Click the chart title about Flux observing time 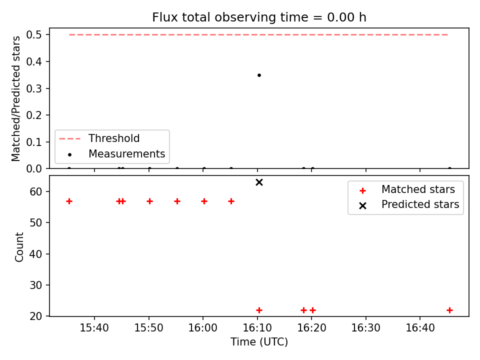(259, 17)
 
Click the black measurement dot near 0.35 (259, 75)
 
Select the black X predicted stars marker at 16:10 (259, 182)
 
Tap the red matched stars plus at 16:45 (449, 310)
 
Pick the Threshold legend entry (99, 138)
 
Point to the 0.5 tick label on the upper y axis (33, 35)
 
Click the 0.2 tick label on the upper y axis (33, 115)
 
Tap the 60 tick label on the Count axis (35, 191)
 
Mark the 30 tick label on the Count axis (35, 285)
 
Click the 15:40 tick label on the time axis (94, 328)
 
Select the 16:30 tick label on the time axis (366, 328)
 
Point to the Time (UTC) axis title (259, 341)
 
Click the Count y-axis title (19, 246)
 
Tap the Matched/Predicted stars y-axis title (15, 98)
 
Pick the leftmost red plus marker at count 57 (69, 201)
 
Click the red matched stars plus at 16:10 (259, 310)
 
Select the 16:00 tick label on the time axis (202, 328)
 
